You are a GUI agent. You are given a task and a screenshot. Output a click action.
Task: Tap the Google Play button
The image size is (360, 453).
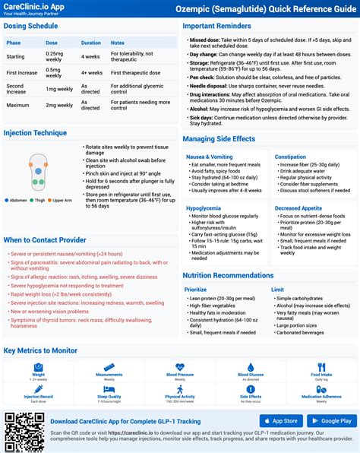point(330,420)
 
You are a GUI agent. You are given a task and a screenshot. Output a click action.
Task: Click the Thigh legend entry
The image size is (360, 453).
point(39,200)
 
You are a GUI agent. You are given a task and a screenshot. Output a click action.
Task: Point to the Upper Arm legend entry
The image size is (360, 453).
point(60,200)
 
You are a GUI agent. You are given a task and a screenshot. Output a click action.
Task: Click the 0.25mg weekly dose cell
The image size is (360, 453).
point(54,56)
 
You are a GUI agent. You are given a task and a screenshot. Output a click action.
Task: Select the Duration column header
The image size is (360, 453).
point(90,43)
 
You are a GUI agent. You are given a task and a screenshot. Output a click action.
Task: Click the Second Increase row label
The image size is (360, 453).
point(17,88)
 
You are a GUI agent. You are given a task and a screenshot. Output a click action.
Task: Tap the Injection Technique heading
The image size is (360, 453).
point(34,132)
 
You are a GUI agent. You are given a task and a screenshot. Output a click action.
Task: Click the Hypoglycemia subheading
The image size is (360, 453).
point(204,207)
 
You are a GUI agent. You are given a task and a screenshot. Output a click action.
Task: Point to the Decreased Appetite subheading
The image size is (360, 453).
point(298,207)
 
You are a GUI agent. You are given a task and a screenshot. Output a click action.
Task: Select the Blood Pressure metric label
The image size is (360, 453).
point(180,375)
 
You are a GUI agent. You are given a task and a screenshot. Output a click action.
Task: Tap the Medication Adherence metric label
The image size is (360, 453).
point(321,396)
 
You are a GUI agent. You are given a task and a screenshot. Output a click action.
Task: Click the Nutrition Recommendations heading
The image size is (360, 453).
point(228,275)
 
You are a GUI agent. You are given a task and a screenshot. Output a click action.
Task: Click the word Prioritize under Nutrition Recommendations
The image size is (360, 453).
point(196,290)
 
